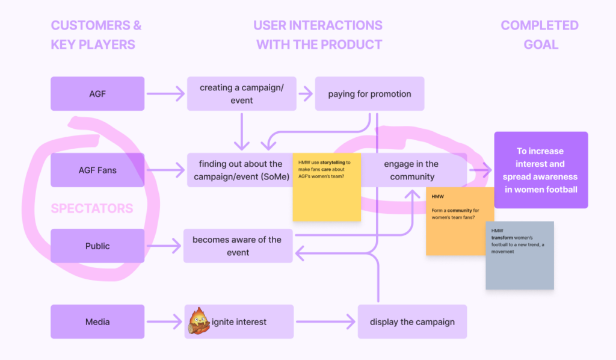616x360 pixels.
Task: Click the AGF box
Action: [x=97, y=94]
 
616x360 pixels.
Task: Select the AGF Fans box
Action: [x=97, y=170]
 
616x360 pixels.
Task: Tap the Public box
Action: [x=97, y=246]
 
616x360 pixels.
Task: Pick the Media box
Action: [x=97, y=321]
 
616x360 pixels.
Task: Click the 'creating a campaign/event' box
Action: [x=241, y=94]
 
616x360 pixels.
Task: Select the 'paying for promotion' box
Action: [x=369, y=94]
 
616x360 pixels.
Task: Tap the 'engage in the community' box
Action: [x=415, y=170]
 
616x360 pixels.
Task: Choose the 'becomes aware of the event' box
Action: [x=238, y=246]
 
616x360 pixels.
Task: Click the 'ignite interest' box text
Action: [x=243, y=322]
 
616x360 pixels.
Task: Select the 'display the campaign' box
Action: [x=412, y=321]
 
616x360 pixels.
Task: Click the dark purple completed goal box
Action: [x=540, y=170]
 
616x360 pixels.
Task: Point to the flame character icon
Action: [x=199, y=321]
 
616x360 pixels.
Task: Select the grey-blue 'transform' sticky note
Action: [x=520, y=256]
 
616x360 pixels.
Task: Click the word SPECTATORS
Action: [x=92, y=209]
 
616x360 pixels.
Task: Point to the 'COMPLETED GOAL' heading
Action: [x=540, y=35]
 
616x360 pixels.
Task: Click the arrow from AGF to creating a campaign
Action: [x=165, y=94]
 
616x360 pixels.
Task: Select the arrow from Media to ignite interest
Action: [x=164, y=322]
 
